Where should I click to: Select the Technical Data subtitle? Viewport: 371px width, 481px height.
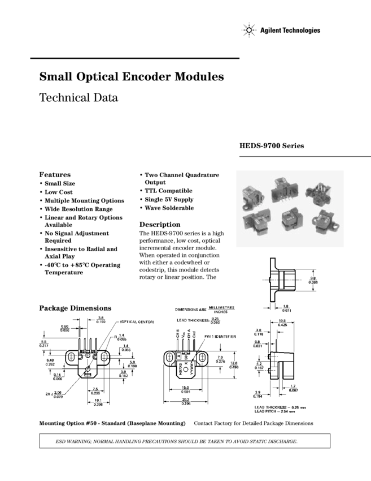(78, 97)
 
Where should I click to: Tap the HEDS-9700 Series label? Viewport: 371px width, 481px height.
(272, 146)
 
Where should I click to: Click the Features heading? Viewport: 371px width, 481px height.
(55, 174)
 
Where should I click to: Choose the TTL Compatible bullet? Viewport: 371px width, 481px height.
(168, 191)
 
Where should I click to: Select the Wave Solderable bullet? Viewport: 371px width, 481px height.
(169, 208)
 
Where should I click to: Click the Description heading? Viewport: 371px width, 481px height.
(160, 224)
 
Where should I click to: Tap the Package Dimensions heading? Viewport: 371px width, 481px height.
(75, 308)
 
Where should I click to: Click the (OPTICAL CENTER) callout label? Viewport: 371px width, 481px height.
(137, 322)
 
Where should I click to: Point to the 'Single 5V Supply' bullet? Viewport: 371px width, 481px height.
(169, 200)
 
